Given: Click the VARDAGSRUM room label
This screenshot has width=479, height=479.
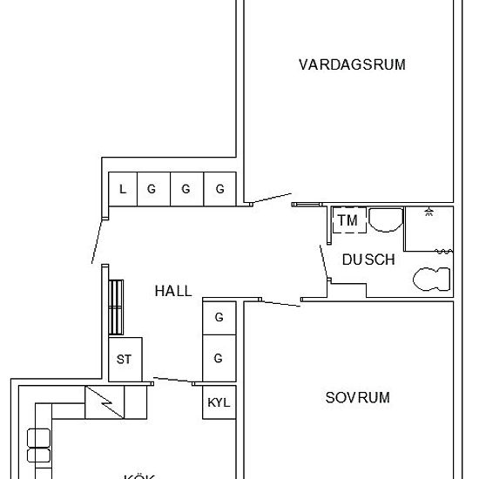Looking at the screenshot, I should pyautogui.click(x=352, y=64).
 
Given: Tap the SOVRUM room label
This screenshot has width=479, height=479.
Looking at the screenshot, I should pyautogui.click(x=357, y=398).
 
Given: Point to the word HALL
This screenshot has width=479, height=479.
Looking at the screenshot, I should pyautogui.click(x=172, y=292).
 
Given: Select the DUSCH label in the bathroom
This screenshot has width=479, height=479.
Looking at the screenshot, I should pyautogui.click(x=368, y=260).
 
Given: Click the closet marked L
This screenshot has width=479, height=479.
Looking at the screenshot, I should pyautogui.click(x=123, y=189).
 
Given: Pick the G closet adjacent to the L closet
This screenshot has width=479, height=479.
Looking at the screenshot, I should pyautogui.click(x=152, y=189).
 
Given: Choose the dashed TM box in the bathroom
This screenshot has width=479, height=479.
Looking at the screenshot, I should pyautogui.click(x=347, y=221).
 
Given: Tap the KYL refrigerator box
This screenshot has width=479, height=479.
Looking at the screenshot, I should pyautogui.click(x=219, y=403).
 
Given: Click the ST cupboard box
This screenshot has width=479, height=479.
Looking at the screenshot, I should pyautogui.click(x=124, y=359).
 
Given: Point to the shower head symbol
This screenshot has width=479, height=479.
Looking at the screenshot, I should pyautogui.click(x=428, y=212).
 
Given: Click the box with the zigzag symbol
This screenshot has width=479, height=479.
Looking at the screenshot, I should pyautogui.click(x=104, y=402).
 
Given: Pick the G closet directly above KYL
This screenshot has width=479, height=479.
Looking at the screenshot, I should pyautogui.click(x=219, y=359).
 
